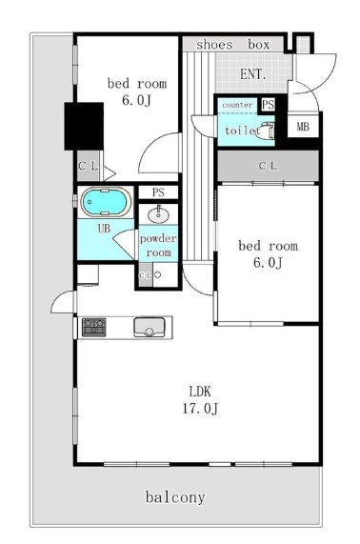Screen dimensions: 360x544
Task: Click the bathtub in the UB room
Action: (x=106, y=202)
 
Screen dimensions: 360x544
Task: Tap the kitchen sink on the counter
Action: (x=150, y=327)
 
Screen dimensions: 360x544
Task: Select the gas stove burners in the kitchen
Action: (x=93, y=327)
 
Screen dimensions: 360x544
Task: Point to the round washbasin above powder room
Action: (x=158, y=215)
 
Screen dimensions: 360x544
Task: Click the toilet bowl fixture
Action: (x=266, y=131)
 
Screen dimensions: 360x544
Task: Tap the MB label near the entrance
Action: (x=303, y=127)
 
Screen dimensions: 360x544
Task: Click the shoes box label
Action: (x=232, y=45)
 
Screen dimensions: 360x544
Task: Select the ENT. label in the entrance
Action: (x=252, y=74)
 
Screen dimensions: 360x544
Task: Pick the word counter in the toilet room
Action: (x=237, y=105)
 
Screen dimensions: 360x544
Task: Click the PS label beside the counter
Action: (x=268, y=105)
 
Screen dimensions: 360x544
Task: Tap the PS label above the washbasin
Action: (x=158, y=192)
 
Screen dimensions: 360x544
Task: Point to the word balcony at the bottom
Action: (x=175, y=497)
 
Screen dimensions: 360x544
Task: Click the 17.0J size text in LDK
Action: (x=200, y=409)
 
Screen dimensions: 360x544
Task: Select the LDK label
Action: (x=200, y=392)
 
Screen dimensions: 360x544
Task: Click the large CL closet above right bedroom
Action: (x=268, y=166)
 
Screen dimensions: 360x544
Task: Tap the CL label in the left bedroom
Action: (x=88, y=166)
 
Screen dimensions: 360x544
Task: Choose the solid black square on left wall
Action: (x=84, y=127)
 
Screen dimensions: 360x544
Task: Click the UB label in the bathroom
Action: (x=104, y=229)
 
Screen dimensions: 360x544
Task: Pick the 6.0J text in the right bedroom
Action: (x=268, y=263)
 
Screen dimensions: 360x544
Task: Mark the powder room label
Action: (x=158, y=245)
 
